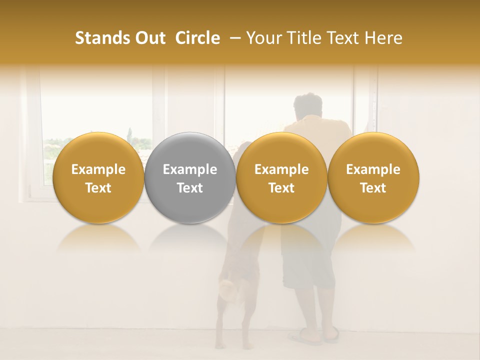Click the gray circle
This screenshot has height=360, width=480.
click(190, 177)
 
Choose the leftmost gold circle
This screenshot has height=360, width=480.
click(98, 177)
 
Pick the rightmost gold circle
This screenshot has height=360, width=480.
click(373, 177)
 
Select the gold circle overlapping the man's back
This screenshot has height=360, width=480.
click(281, 177)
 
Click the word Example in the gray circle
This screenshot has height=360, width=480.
click(190, 169)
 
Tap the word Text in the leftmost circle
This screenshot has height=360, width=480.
click(98, 188)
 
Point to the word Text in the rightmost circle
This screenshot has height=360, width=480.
click(373, 188)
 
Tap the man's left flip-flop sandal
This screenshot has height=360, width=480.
click(304, 338)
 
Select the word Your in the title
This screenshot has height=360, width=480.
click(262, 38)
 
